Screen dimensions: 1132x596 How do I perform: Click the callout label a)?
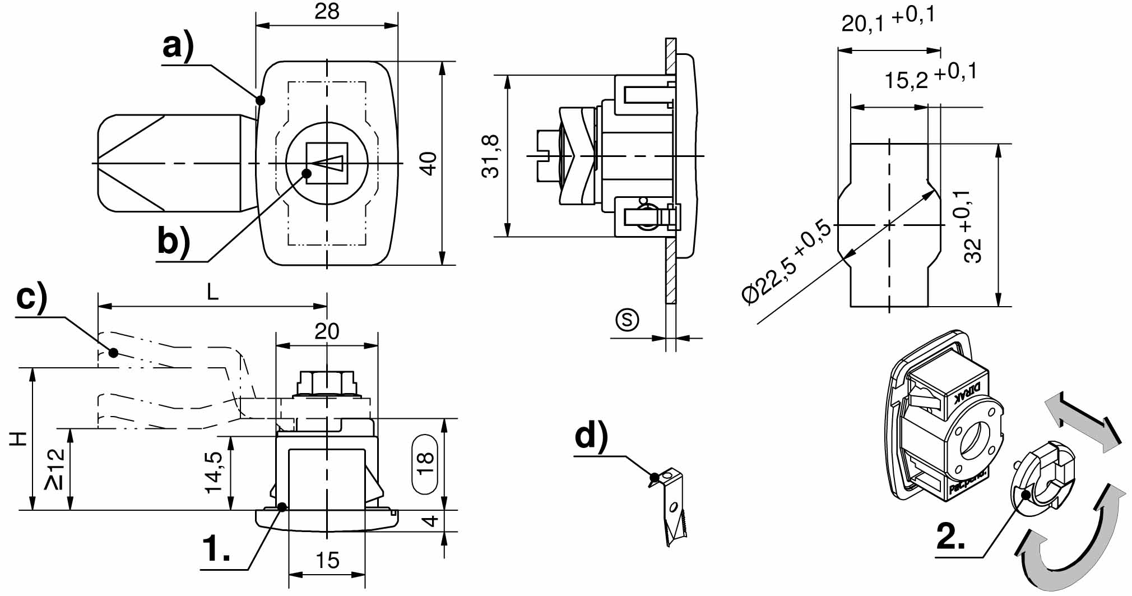178,46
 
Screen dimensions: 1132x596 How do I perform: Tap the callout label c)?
32,297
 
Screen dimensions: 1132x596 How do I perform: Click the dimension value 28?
327,11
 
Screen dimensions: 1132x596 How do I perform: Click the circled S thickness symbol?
627,320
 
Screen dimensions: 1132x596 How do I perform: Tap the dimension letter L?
212,292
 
